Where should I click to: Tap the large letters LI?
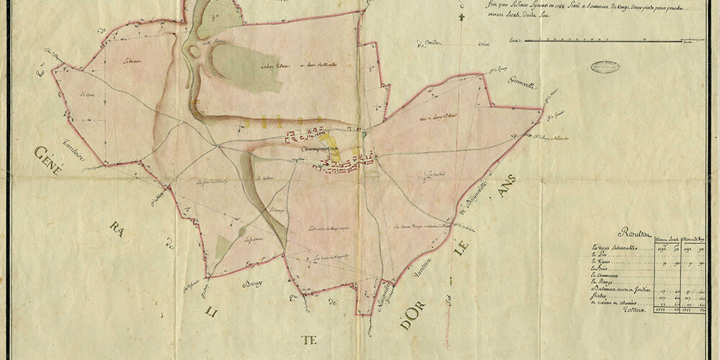click(210, 311)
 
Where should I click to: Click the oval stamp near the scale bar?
click(605, 66)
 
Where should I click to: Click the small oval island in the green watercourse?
click(194, 53)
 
